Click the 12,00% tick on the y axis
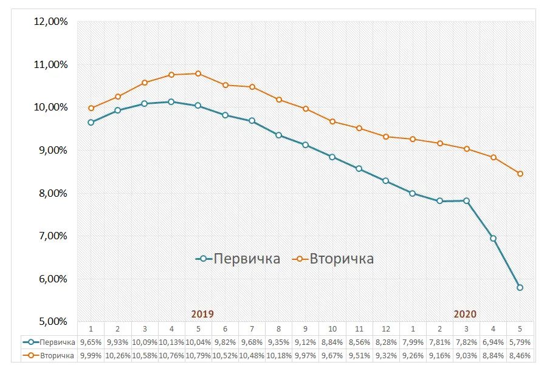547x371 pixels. pyautogui.click(x=52, y=22)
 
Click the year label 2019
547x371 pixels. pyautogui.click(x=202, y=314)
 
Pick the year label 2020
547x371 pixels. pyautogui.click(x=465, y=314)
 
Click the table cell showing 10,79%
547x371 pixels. pyautogui.click(x=198, y=355)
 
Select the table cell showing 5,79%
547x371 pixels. pyautogui.click(x=520, y=342)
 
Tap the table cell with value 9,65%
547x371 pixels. pyautogui.click(x=91, y=342)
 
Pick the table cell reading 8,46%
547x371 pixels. pyautogui.click(x=520, y=355)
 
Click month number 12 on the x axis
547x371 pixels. pyautogui.click(x=386, y=328)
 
